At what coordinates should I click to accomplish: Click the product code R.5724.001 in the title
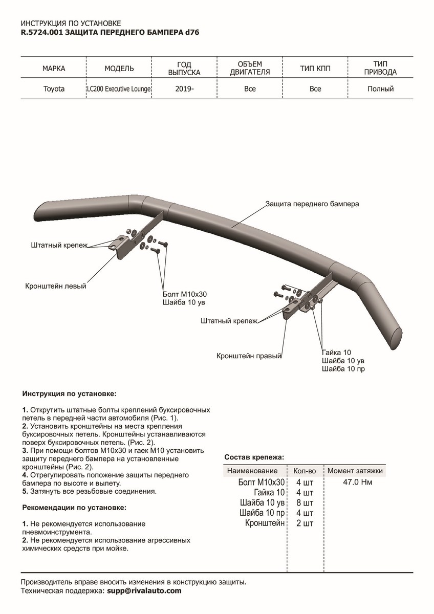pyautogui.click(x=42, y=32)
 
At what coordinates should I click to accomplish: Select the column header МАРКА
pyautogui.click(x=54, y=68)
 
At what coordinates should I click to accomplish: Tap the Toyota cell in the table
pyautogui.click(x=54, y=89)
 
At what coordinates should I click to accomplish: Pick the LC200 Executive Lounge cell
pyautogui.click(x=119, y=89)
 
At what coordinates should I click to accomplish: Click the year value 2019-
pyautogui.click(x=184, y=89)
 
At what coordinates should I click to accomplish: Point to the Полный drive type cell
pyautogui.click(x=380, y=89)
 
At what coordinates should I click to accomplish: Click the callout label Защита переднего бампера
pyautogui.click(x=312, y=204)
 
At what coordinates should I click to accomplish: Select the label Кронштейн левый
pyautogui.click(x=56, y=286)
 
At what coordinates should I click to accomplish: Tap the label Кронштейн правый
pyautogui.click(x=249, y=355)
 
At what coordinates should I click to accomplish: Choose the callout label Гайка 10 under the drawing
pyautogui.click(x=337, y=353)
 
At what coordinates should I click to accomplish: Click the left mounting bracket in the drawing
pyautogui.click(x=122, y=247)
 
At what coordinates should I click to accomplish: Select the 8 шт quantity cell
pyautogui.click(x=305, y=502)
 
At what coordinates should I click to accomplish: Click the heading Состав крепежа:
pyautogui.click(x=254, y=456)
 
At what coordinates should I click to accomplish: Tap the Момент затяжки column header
pyautogui.click(x=355, y=471)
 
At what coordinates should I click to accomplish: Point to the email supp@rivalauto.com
pyautogui.click(x=144, y=590)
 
